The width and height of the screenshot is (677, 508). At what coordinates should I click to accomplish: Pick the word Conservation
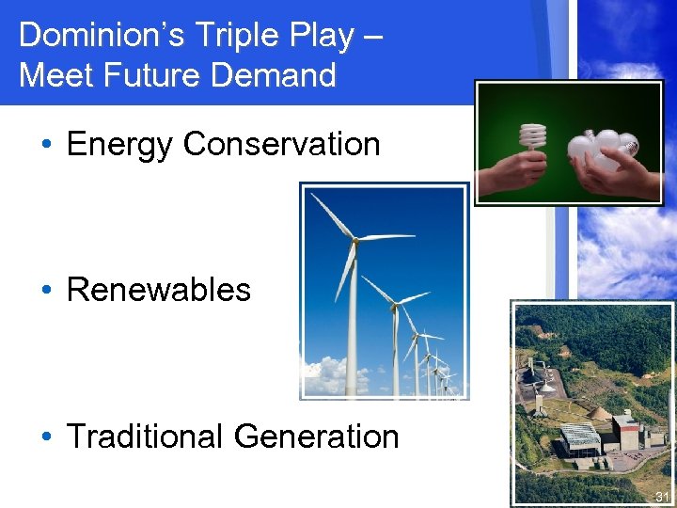[x=282, y=145]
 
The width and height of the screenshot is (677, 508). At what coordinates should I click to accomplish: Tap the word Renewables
[x=159, y=290]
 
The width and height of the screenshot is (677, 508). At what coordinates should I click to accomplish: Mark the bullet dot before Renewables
[x=46, y=290]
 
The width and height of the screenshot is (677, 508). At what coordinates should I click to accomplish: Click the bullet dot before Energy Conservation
[x=46, y=145]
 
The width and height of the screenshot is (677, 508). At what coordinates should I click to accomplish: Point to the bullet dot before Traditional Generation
[x=46, y=437]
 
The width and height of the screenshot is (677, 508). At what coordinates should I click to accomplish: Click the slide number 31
[x=662, y=497]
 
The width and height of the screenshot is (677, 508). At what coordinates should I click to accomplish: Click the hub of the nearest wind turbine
[x=354, y=242]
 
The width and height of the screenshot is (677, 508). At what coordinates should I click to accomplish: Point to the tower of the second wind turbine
[x=396, y=348]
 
